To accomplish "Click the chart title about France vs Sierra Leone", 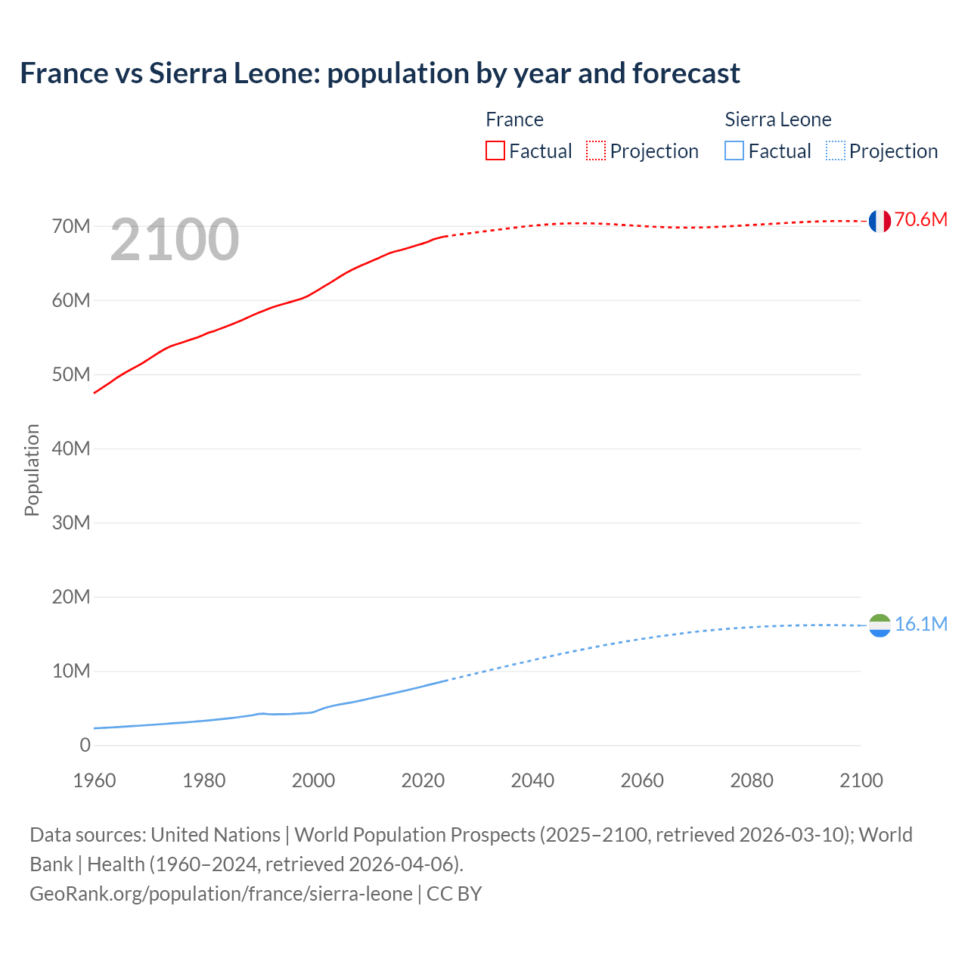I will (x=380, y=73).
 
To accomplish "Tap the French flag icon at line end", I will (x=879, y=221).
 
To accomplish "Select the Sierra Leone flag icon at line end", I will (x=879, y=625).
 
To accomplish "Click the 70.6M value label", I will (x=920, y=220).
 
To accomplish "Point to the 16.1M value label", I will (x=920, y=625).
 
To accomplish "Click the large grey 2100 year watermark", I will (x=175, y=240).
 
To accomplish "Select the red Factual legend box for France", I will (x=495, y=151).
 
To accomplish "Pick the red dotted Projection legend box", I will (x=596, y=151).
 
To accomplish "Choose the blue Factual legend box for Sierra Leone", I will (x=734, y=151).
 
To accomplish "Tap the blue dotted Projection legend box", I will (x=835, y=151).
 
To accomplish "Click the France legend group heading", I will (x=514, y=119).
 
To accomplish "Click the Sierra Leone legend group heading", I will (x=777, y=119).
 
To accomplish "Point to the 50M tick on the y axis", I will (x=71, y=375).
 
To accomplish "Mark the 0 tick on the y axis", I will (x=85, y=746).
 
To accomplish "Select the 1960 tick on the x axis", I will (x=95, y=780).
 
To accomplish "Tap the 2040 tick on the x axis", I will (x=532, y=780).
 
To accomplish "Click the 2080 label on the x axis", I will (x=752, y=780).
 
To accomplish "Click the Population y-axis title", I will (x=32, y=470).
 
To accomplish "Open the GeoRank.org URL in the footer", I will (x=221, y=894).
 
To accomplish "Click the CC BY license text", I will (x=454, y=894).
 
